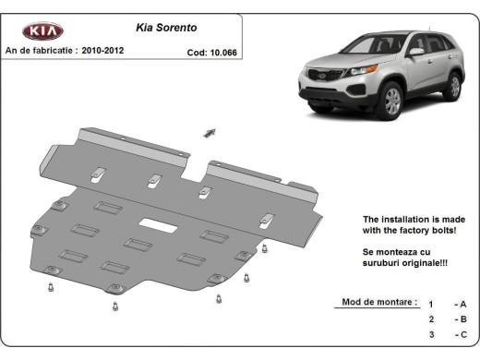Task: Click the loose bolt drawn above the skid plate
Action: tap(210, 132)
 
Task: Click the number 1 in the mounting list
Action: tap(430, 304)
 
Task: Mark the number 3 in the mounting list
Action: tap(430, 337)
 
